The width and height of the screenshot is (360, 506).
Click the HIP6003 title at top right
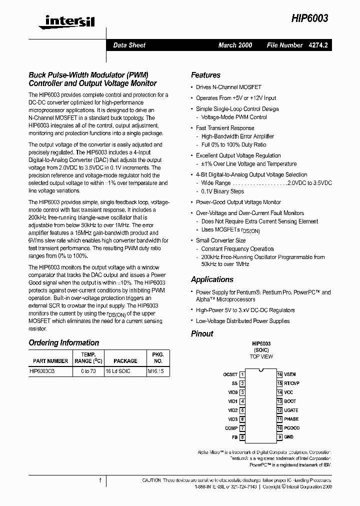coord(309,18)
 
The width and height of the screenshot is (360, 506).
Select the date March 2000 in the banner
coord(235,45)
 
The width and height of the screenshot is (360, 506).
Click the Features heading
coord(205,75)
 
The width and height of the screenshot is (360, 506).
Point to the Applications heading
coord(212,279)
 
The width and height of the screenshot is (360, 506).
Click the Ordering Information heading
coord(63,342)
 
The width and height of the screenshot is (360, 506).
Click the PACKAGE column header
coord(125,360)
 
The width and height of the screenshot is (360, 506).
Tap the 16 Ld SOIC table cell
coord(118,371)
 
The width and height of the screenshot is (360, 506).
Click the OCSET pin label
coord(230,374)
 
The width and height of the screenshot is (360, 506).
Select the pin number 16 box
coord(280,374)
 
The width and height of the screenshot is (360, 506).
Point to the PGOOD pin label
coord(292,428)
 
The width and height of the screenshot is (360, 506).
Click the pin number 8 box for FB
coord(242,437)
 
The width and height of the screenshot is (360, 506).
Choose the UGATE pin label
coord(291,410)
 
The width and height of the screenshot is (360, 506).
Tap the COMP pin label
coord(231,428)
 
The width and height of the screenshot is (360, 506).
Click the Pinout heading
coord(202,333)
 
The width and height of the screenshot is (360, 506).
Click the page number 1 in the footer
coord(100,480)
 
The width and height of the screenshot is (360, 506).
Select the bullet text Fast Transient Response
coord(225,128)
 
